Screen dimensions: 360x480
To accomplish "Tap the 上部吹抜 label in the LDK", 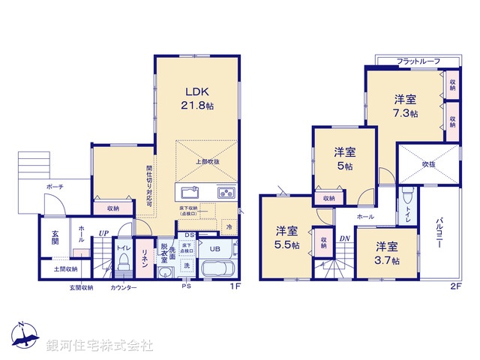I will (208, 161).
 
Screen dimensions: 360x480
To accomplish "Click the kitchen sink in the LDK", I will (189, 193).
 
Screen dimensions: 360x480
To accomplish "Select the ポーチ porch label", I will (55, 186).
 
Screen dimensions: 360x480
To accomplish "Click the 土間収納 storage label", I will (65, 268).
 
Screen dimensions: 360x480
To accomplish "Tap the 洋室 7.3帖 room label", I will (406, 106).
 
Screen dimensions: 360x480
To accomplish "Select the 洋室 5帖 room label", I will (345, 158).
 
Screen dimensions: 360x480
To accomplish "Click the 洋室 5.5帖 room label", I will (286, 237).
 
